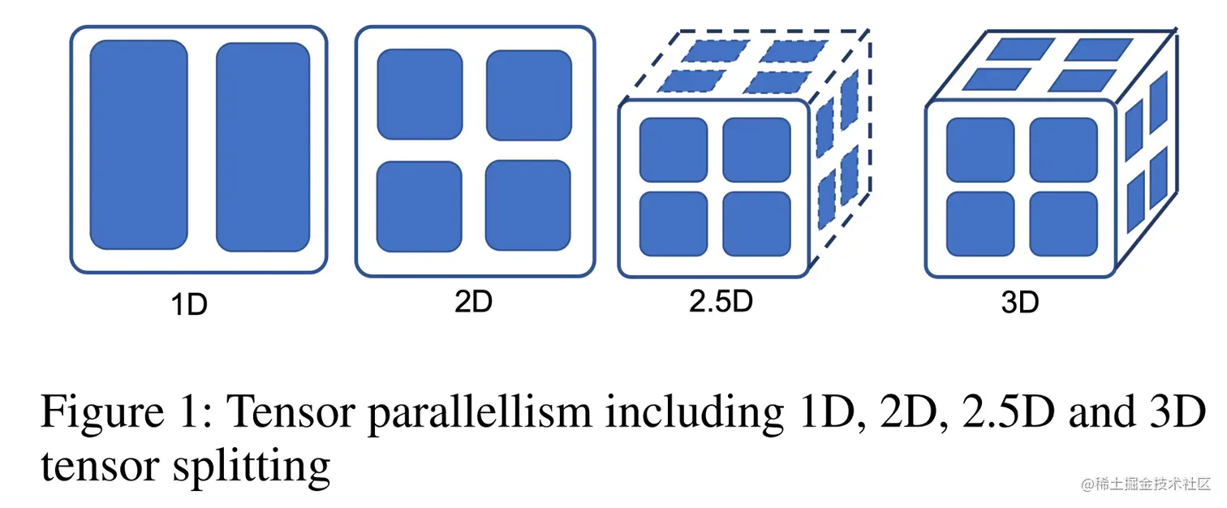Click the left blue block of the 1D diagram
point(139,144)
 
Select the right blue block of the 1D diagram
point(263,146)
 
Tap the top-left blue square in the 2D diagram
point(420,94)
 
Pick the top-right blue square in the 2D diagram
point(529,94)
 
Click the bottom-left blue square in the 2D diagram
point(420,206)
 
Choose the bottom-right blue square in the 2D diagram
point(529,206)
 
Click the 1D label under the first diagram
point(189,305)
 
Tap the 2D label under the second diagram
point(473,302)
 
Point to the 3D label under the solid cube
point(1020,303)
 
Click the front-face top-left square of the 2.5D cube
point(674,150)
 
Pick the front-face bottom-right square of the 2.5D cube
point(756,224)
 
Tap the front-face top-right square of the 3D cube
point(1063,150)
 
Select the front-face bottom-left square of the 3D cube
point(980,224)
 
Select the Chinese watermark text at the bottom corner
point(1144,484)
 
